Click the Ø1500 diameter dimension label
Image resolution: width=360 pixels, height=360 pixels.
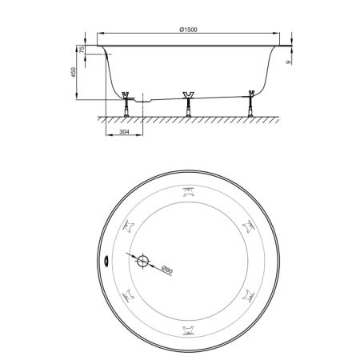[x=188, y=30]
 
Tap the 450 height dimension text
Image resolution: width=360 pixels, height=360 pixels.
[x=74, y=72]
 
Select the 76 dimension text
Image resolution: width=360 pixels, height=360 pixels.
[x=82, y=49]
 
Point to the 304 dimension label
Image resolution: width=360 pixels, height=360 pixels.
[x=124, y=131]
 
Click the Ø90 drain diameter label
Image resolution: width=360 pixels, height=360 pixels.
[x=167, y=270]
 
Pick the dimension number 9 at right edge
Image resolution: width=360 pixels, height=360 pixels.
[x=288, y=62]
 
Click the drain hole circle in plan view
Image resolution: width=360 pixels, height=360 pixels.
[x=142, y=261]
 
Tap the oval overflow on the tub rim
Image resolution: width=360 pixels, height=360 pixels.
[x=106, y=261]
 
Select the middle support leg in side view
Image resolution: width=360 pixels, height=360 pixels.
[x=188, y=104]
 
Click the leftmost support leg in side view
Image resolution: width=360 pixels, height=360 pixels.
[x=126, y=104]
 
